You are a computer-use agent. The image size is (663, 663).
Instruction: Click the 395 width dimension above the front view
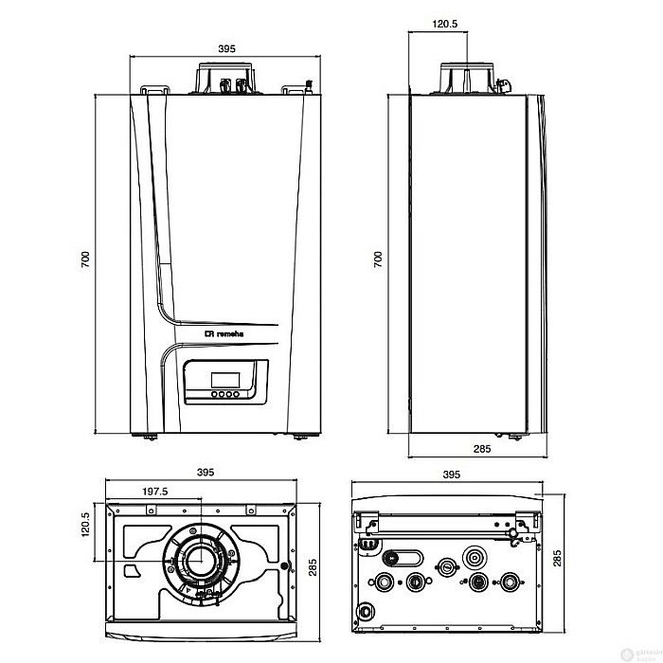tap(225, 47)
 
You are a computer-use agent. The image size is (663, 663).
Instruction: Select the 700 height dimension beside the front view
tap(85, 258)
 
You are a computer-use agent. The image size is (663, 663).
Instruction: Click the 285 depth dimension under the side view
tap(481, 449)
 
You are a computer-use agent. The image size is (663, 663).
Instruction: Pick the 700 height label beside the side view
tap(378, 258)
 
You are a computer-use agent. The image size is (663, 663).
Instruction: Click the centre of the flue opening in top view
tap(200, 563)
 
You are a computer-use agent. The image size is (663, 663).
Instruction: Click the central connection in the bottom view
tap(446, 565)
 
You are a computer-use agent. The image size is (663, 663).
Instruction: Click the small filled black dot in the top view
tap(283, 569)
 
